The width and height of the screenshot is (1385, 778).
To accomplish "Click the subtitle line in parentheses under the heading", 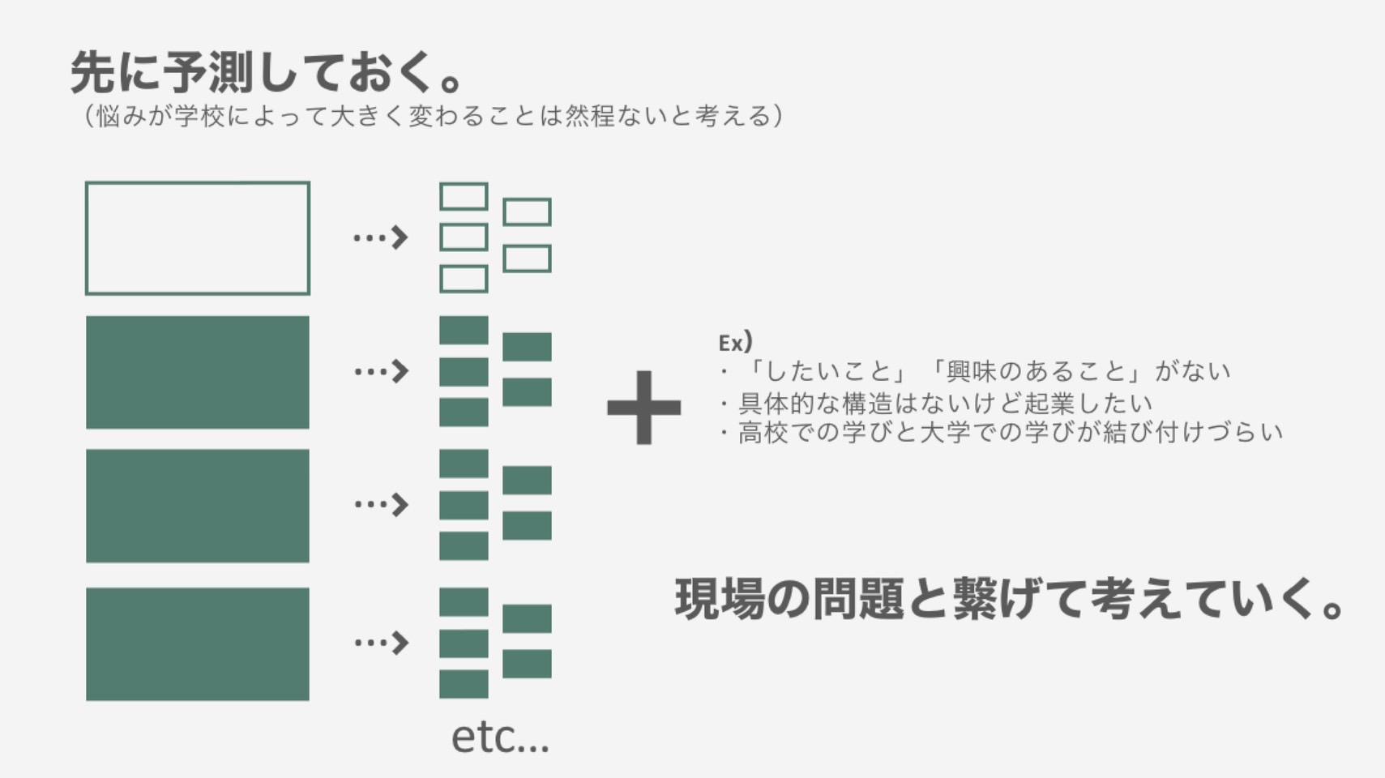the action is pyautogui.click(x=433, y=116).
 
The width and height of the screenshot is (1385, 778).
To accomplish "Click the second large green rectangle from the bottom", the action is pyautogui.click(x=198, y=506).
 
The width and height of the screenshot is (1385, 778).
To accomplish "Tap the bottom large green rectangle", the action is pyautogui.click(x=198, y=643).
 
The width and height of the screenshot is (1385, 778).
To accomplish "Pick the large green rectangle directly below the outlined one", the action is pyautogui.click(x=198, y=372).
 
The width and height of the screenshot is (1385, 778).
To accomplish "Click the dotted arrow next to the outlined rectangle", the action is pyautogui.click(x=380, y=237).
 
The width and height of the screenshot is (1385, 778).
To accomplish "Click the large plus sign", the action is pyautogui.click(x=643, y=408).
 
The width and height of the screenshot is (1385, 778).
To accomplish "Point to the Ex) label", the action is pyautogui.click(x=735, y=342).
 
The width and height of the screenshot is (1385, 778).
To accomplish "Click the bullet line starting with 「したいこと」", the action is pyautogui.click(x=975, y=371).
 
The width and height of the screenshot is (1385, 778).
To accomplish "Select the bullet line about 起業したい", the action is pyautogui.click(x=936, y=404).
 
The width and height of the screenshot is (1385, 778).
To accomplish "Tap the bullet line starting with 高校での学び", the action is pyautogui.click(x=1001, y=432).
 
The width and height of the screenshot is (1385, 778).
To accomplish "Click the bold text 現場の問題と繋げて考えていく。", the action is pyautogui.click(x=1009, y=599).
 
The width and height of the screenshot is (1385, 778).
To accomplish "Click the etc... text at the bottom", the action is pyautogui.click(x=500, y=737).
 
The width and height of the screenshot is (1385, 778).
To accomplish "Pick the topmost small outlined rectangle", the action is pyautogui.click(x=464, y=197).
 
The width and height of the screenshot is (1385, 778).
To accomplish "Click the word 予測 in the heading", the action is pyautogui.click(x=208, y=73).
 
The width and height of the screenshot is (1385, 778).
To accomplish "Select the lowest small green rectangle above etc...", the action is pyautogui.click(x=464, y=684).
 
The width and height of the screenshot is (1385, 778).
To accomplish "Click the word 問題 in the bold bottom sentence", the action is pyautogui.click(x=859, y=599).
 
